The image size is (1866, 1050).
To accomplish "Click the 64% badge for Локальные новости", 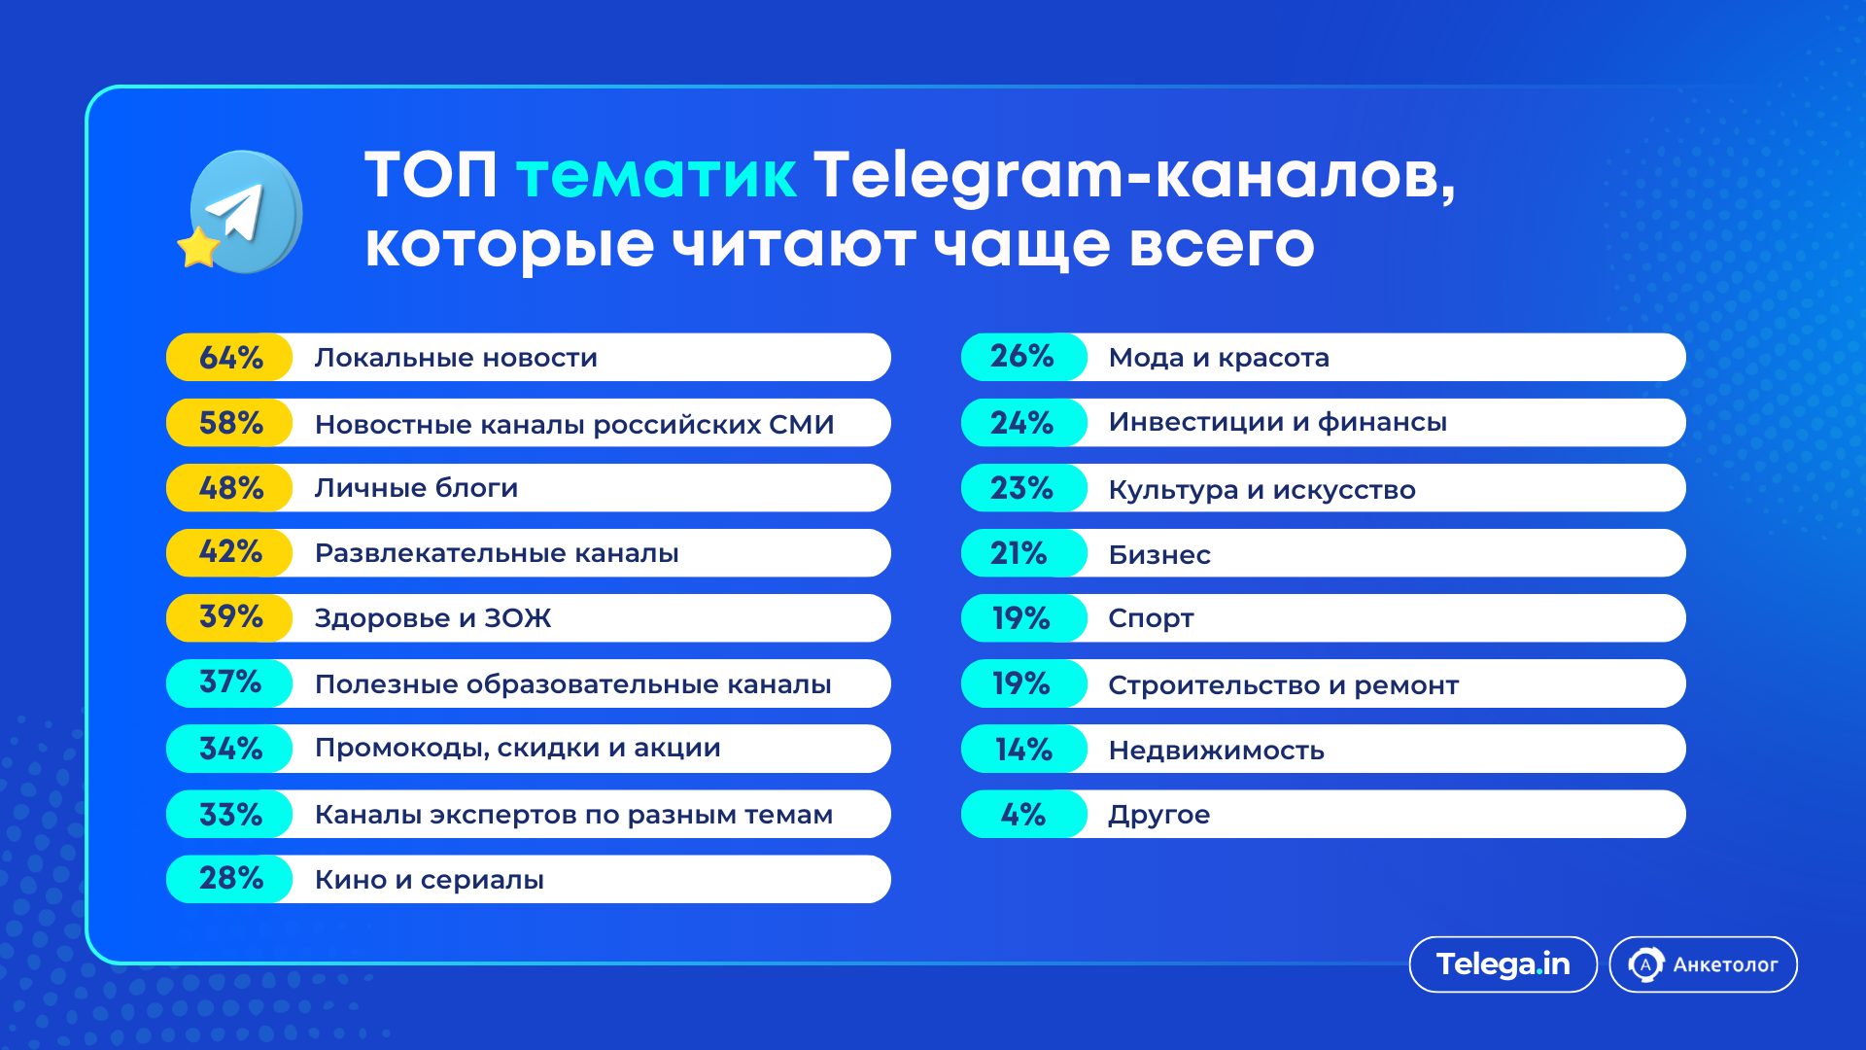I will pos(230,358).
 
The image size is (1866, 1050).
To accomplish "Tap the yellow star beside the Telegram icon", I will pos(198,248).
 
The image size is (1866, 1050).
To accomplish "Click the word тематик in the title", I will pos(656,176).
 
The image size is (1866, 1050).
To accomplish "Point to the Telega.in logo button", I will pos(1503,964).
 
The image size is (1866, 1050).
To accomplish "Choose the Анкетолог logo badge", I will pos(1703,964).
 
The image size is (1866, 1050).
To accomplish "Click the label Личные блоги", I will pos(416,488).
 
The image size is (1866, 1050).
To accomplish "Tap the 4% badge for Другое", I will pos(1023,815).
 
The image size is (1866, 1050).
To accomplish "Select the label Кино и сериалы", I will pos(429,880).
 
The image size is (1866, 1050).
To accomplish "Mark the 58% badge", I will pos(230,423).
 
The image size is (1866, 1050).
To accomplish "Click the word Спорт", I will pos(1151,618).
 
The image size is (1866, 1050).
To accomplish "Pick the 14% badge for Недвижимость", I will pos(1023,750).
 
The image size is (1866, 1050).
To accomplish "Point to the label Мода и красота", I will pos(1219,358).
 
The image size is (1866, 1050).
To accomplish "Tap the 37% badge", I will pos(230,683).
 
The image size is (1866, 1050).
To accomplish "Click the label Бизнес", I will pos(1159,554).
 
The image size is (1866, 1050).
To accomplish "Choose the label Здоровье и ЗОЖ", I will pos(432,618).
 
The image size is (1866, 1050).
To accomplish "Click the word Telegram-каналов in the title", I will pos(1133,176).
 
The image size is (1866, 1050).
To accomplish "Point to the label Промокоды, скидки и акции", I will pos(517,749).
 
